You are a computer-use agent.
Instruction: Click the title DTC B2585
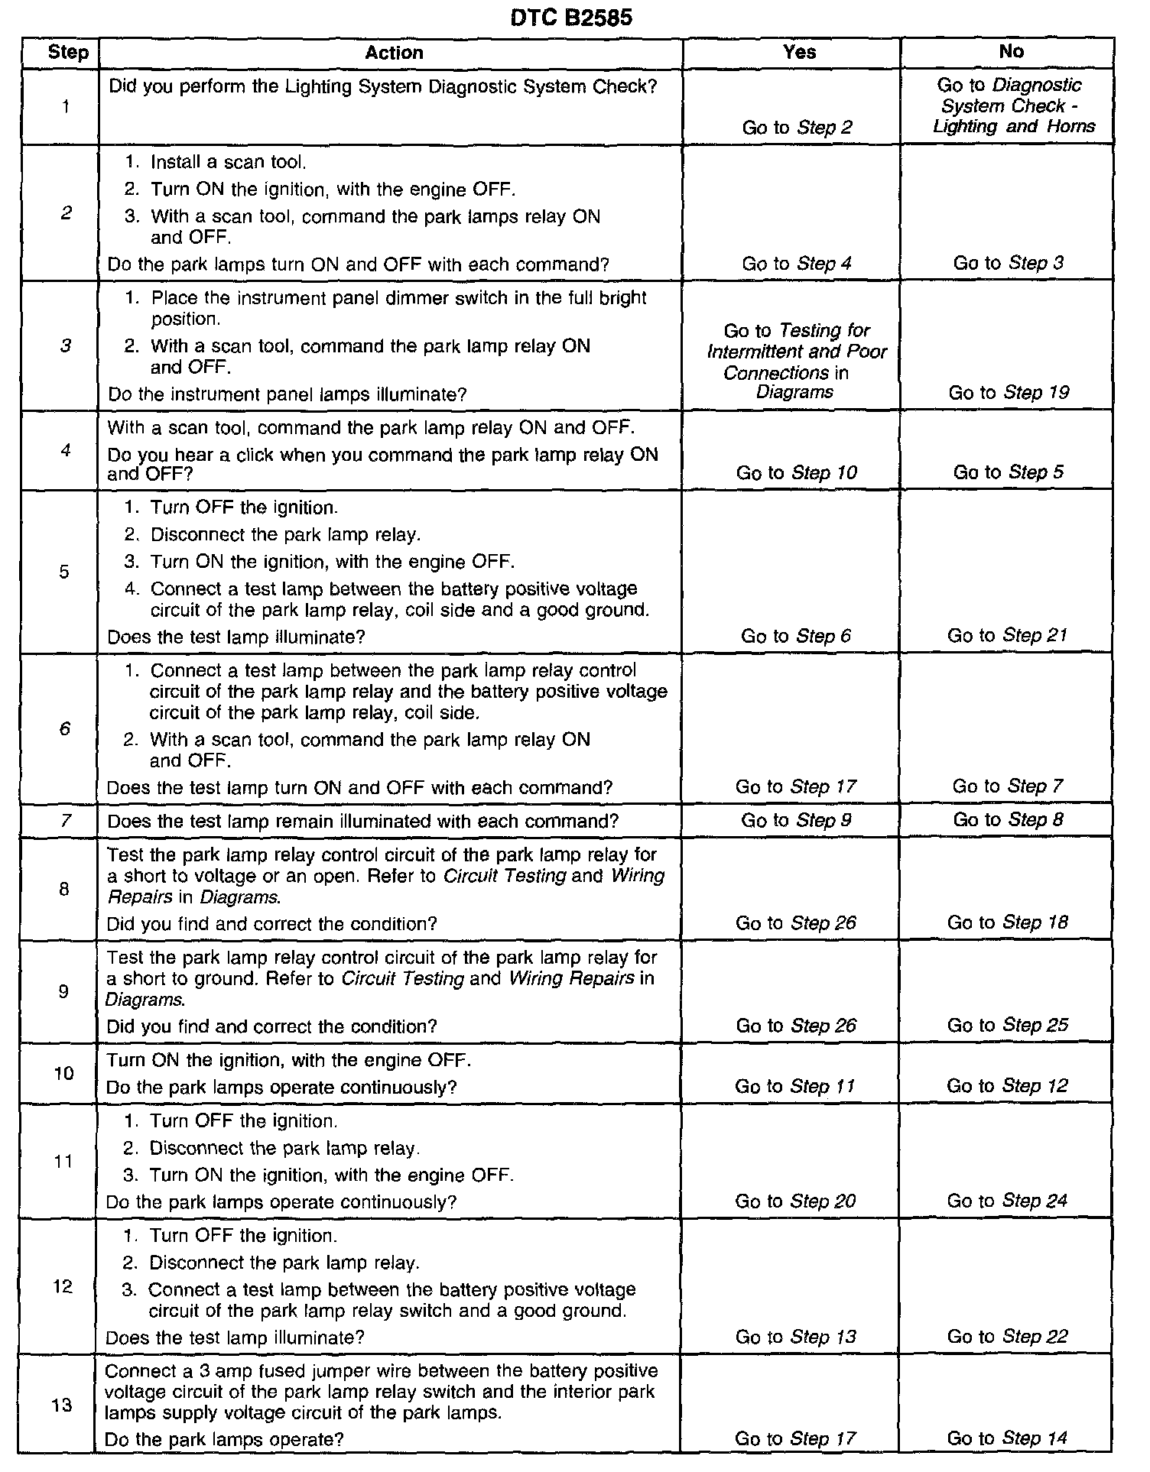pyautogui.click(x=571, y=18)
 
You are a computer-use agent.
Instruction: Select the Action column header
pyautogui.click(x=394, y=53)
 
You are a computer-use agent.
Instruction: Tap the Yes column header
pyautogui.click(x=799, y=52)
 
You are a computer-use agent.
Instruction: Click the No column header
pyautogui.click(x=1011, y=51)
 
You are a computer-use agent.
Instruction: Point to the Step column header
pyautogui.click(x=68, y=53)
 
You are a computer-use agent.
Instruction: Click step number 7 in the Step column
pyautogui.click(x=66, y=821)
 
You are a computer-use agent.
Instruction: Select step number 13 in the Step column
pyautogui.click(x=63, y=1405)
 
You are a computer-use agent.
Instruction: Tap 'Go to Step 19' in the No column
pyautogui.click(x=1009, y=393)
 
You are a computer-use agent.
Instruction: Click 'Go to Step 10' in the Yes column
pyautogui.click(x=797, y=472)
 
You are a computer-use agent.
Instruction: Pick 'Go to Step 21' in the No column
pyautogui.click(x=1007, y=635)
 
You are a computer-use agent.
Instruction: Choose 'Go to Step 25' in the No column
pyautogui.click(x=1007, y=1025)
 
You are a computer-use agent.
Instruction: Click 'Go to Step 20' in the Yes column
pyautogui.click(x=795, y=1201)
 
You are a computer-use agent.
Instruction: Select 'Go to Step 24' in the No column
pyautogui.click(x=1007, y=1201)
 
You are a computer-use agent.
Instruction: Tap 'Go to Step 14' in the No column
pyautogui.click(x=1007, y=1438)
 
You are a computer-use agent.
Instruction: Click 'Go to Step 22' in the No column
pyautogui.click(x=1007, y=1337)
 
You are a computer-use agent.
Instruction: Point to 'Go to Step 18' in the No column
pyautogui.click(x=1007, y=922)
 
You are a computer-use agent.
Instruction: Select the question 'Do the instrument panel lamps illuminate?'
pyautogui.click(x=287, y=394)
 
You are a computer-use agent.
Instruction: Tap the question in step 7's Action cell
pyautogui.click(x=362, y=822)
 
